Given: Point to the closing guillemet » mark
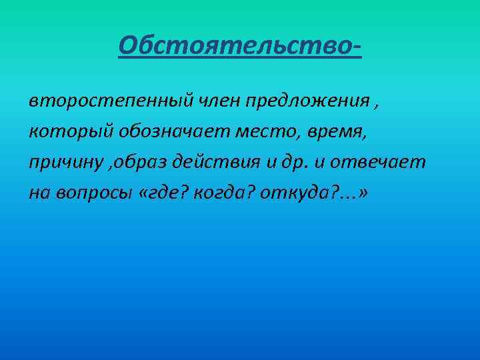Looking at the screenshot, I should point(363,193).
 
